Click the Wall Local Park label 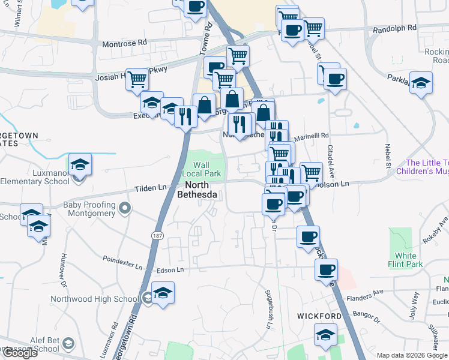click(x=206, y=170)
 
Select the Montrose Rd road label click(x=124, y=43)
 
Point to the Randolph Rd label click(x=394, y=28)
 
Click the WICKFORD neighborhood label click(x=319, y=316)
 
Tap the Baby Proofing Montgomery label click(x=89, y=209)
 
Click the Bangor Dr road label click(x=367, y=313)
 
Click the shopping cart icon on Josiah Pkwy click(x=137, y=79)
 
